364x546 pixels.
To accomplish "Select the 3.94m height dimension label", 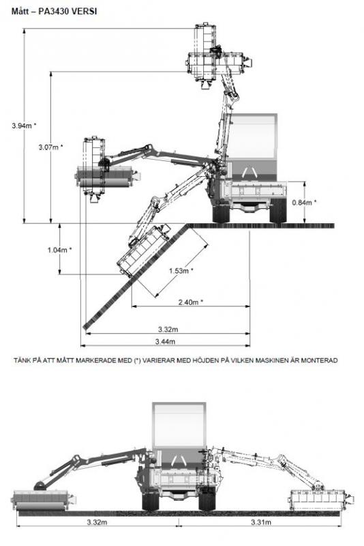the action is [24, 126].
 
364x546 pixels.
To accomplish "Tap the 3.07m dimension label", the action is [50, 147].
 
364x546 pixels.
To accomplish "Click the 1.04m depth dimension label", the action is [59, 250].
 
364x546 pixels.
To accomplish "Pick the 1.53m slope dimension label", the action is [181, 270].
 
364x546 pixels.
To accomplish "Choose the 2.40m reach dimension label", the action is [190, 302].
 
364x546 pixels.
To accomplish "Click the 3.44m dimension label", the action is [165, 342].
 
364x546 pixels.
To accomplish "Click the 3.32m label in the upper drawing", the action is [168, 329].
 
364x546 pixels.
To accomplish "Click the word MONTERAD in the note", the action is [319, 360].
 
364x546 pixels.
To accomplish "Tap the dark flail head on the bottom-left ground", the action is [44, 500].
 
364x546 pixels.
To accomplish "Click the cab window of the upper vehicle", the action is [254, 136].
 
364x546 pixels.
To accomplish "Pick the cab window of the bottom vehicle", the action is [179, 425].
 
